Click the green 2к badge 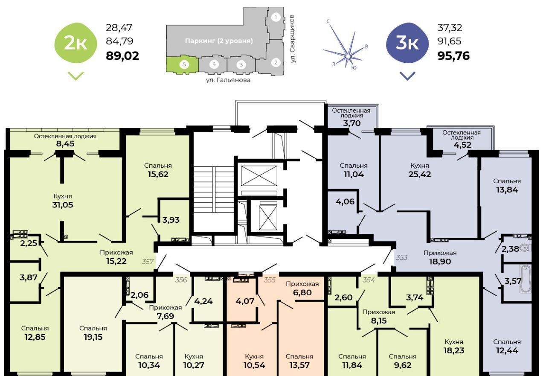pos(76,43)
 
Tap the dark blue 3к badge pos(407,43)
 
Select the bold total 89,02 pos(122,56)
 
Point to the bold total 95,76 pos(453,56)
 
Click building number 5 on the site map pos(184,64)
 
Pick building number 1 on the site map pos(276,17)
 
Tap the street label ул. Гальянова pos(228,80)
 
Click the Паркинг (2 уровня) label pos(219,41)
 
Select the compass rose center pos(348,57)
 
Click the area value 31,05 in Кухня pos(63,205)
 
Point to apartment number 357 pos(148,262)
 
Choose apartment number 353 pos(401,257)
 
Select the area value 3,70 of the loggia pos(352,123)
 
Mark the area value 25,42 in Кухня pos(419,175)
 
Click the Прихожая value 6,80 pos(302,292)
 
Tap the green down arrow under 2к pos(76,76)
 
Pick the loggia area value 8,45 pos(65,144)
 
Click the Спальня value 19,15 pos(93,337)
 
